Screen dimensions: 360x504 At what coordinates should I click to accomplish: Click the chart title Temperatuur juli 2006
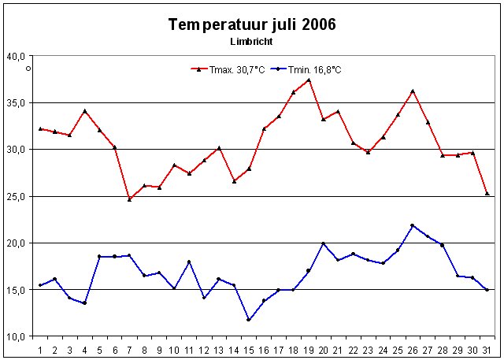(x=252, y=24)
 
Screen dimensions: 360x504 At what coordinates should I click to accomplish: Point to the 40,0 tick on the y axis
(x=17, y=56)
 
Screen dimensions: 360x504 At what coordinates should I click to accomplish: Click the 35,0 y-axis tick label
(x=17, y=102)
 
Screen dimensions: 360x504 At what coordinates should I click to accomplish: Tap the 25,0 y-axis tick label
(x=17, y=196)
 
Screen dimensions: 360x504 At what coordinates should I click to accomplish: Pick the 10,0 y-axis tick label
(x=17, y=336)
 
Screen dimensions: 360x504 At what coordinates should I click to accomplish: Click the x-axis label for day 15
(x=249, y=349)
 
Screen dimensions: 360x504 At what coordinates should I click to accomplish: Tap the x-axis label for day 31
(x=487, y=349)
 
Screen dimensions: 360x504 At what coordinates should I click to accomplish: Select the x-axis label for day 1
(x=40, y=349)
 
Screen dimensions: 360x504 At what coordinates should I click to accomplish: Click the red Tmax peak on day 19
(x=309, y=80)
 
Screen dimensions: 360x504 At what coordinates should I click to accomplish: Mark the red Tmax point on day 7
(x=129, y=199)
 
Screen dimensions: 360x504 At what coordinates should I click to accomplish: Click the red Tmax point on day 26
(x=413, y=91)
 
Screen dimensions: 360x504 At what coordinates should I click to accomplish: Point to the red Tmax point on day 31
(x=487, y=194)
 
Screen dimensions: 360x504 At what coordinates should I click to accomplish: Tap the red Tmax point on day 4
(x=85, y=111)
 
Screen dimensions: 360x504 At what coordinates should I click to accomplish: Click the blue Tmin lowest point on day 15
(x=249, y=320)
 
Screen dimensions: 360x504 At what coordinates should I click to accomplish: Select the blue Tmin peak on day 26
(x=413, y=225)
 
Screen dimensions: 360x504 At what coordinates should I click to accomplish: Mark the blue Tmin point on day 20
(x=324, y=243)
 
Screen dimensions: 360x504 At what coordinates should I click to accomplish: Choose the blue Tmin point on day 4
(x=85, y=303)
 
